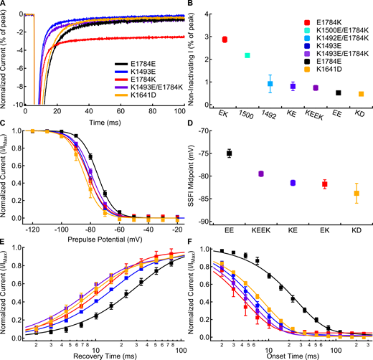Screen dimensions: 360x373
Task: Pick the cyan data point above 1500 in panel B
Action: coord(247,55)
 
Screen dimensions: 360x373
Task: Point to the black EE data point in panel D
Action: coord(230,153)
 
